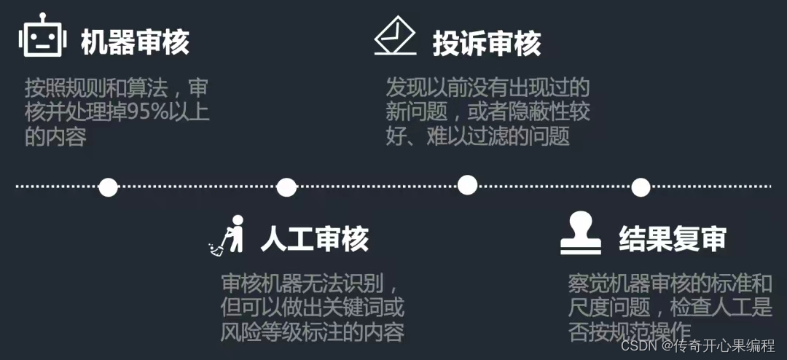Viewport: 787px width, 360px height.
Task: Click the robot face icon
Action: [42, 36]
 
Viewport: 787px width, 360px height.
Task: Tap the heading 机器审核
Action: [135, 42]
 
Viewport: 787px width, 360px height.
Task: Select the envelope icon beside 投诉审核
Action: [394, 37]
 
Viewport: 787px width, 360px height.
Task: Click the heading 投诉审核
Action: [487, 44]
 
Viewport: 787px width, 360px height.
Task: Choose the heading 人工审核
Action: [315, 239]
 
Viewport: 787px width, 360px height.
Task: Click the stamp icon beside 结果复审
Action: [580, 233]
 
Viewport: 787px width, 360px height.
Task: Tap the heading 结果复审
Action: [672, 239]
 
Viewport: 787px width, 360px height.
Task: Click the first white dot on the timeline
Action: [108, 187]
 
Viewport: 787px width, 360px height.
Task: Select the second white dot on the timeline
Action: [286, 187]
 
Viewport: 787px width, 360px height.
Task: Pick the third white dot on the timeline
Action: [467, 185]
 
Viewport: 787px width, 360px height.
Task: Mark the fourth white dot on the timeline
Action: [641, 187]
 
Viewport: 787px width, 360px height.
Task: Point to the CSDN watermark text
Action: [639, 345]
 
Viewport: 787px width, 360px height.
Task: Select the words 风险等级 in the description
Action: [257, 332]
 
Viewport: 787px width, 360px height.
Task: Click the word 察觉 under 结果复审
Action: [587, 283]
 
